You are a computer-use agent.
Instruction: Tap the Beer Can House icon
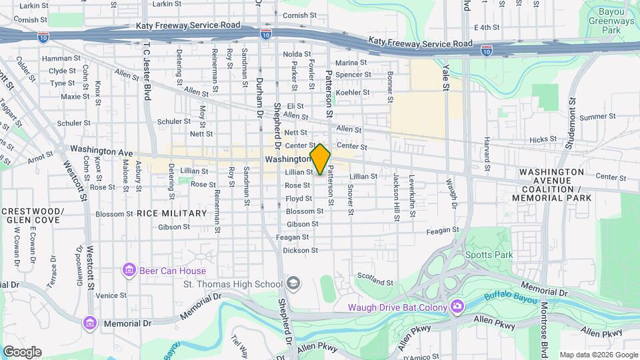click(x=129, y=270)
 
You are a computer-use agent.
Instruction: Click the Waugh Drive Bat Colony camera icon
click(x=457, y=307)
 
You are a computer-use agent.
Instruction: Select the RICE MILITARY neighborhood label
click(x=172, y=213)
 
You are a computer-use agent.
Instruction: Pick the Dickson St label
click(x=300, y=251)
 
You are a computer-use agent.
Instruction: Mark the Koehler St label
click(x=353, y=93)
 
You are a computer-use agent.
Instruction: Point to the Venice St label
click(x=111, y=295)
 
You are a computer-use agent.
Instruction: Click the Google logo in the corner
click(x=22, y=352)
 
